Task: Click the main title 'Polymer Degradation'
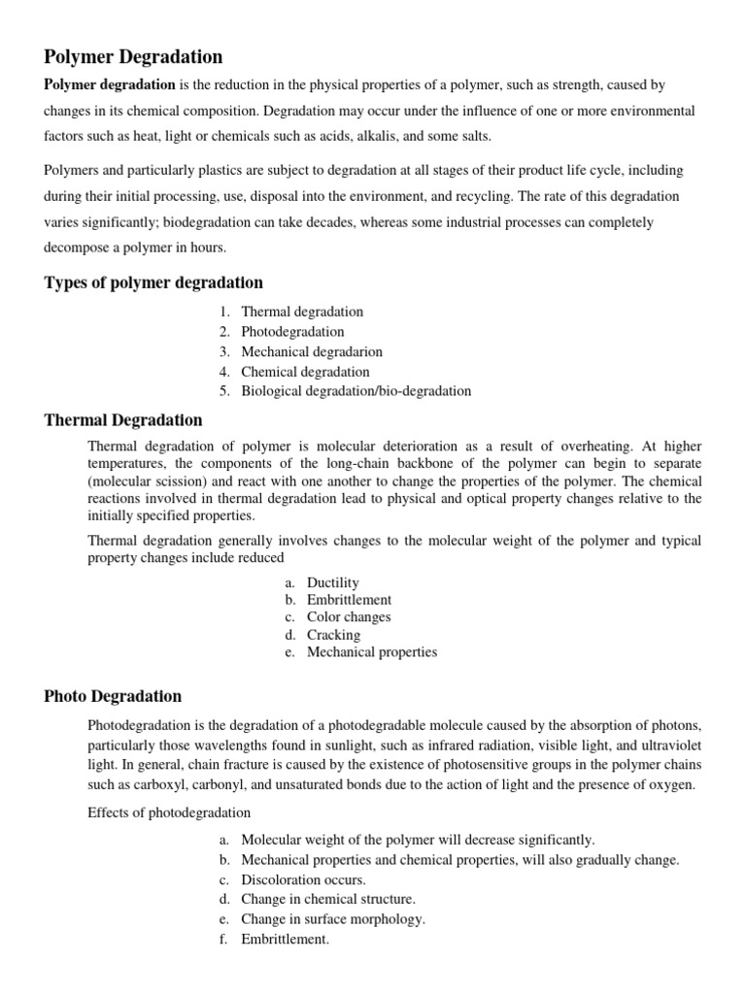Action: (x=133, y=57)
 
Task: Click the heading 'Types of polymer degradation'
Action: (x=153, y=282)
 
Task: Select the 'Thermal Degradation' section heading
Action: (x=123, y=420)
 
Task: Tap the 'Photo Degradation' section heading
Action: (x=113, y=696)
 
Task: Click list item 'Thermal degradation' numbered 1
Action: (x=302, y=312)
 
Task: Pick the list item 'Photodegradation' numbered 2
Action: (x=292, y=332)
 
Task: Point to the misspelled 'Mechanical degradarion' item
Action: (x=312, y=351)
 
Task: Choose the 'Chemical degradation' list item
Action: (x=305, y=372)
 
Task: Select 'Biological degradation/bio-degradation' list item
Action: (x=356, y=391)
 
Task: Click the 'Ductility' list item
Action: (x=333, y=582)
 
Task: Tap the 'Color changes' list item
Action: (x=349, y=617)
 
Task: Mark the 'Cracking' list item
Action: (x=333, y=635)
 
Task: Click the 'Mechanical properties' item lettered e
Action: (x=372, y=652)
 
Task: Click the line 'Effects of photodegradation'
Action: (x=169, y=812)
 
